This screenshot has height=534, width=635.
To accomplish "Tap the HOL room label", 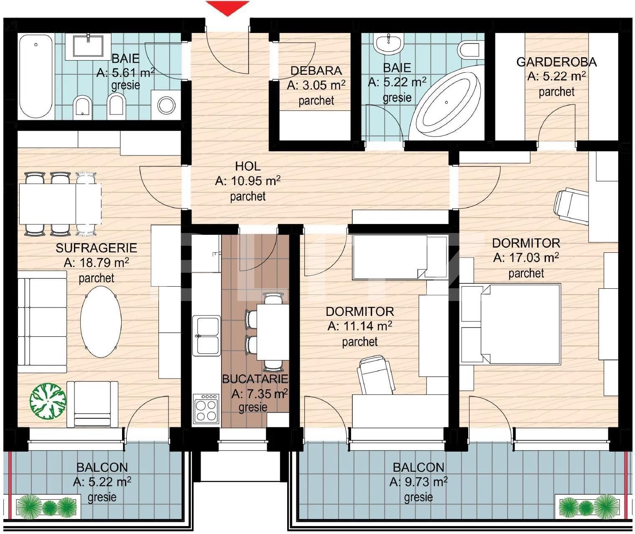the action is [247, 166].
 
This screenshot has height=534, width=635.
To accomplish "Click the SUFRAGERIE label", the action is [96, 248].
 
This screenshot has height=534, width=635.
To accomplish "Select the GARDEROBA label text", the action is [556, 62].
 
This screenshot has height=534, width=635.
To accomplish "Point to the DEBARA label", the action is [316, 71].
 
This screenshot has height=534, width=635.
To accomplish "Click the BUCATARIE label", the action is [255, 379].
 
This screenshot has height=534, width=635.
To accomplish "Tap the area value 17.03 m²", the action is [526, 258].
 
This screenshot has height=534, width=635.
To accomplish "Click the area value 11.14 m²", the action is [360, 326].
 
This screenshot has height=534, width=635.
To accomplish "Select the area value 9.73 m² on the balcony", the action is [418, 482].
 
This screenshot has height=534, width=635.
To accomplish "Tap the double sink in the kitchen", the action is [207, 336].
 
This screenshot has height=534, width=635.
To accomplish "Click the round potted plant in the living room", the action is [48, 401].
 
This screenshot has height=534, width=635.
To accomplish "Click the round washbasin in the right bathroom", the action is [389, 43].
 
